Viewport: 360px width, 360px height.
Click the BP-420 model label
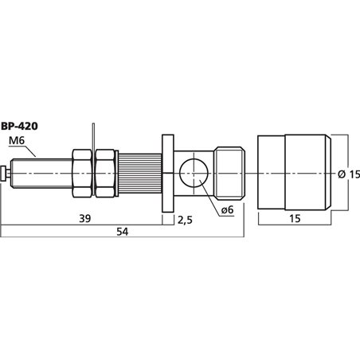point(19,127)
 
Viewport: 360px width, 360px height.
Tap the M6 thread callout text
point(17,141)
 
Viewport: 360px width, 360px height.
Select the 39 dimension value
point(85,218)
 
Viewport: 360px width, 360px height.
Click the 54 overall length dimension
point(123,232)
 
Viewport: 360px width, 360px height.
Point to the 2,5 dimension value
point(185,220)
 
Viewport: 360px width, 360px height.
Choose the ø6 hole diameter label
point(227,210)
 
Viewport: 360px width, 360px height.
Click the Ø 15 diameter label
point(349,174)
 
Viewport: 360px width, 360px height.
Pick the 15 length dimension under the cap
point(295,218)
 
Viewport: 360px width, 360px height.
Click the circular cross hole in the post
point(194,173)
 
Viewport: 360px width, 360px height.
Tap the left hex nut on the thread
point(82,174)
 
